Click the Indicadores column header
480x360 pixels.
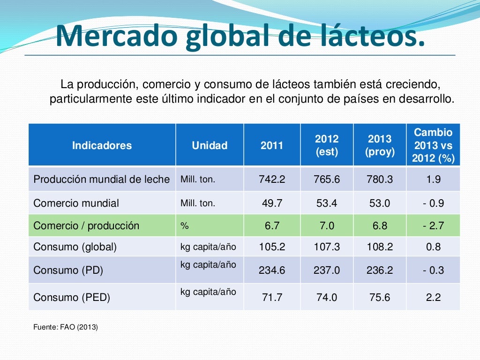pyautogui.click(x=102, y=145)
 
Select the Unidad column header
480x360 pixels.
pyautogui.click(x=210, y=145)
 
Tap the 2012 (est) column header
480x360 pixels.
pyautogui.click(x=327, y=145)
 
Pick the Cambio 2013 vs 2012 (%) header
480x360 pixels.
pyautogui.click(x=433, y=145)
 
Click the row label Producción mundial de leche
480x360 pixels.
pyautogui.click(x=101, y=179)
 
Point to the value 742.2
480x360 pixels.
pyautogui.click(x=272, y=179)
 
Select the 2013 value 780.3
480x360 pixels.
pyautogui.click(x=380, y=179)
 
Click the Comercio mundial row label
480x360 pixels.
pyautogui.click(x=76, y=203)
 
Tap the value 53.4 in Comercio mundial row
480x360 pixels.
pyautogui.click(x=327, y=203)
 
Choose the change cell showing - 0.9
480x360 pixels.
pyautogui.click(x=433, y=203)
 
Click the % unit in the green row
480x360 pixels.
pyautogui.click(x=184, y=226)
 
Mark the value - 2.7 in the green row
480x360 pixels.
pyautogui.click(x=433, y=225)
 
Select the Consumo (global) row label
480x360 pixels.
pyautogui.click(x=75, y=247)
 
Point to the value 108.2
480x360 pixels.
pyautogui.click(x=380, y=247)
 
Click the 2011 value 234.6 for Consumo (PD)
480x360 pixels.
pyautogui.click(x=272, y=270)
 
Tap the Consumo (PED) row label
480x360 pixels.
pyautogui.click(x=71, y=297)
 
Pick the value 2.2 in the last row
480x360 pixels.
pyautogui.click(x=433, y=297)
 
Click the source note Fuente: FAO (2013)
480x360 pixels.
pyautogui.click(x=66, y=327)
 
